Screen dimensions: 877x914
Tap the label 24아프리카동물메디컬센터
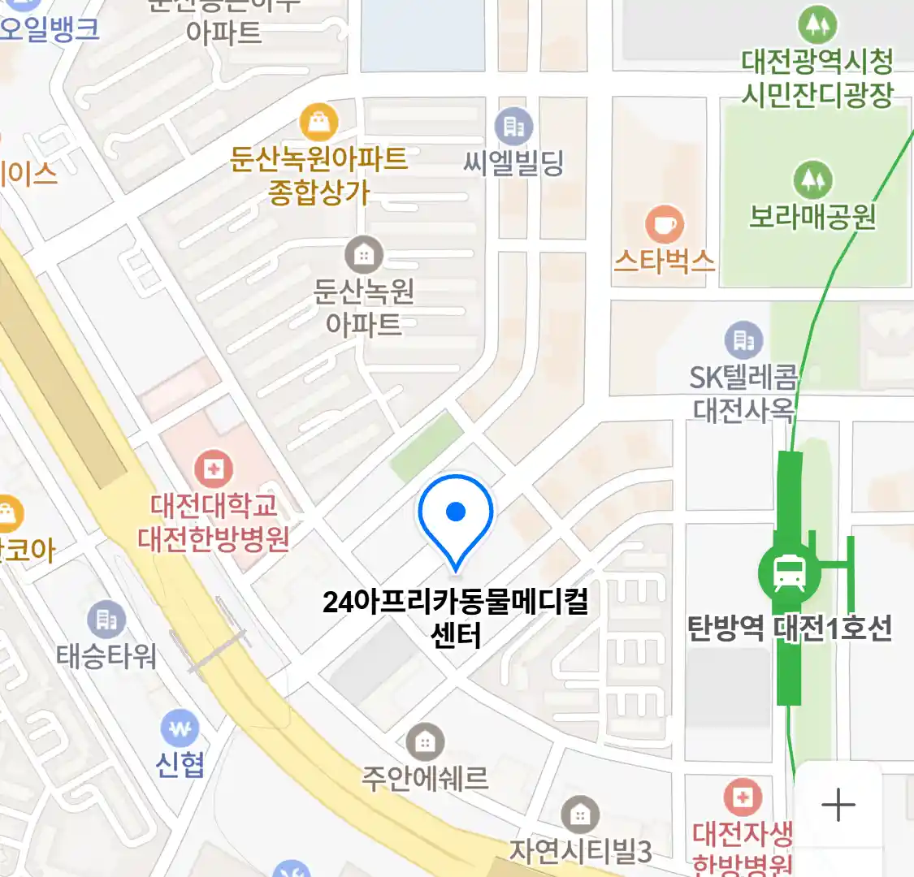tap(456, 618)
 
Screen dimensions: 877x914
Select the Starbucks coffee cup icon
tap(664, 224)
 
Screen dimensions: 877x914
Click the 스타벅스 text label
tap(664, 261)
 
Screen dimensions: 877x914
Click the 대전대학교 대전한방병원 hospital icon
tap(214, 469)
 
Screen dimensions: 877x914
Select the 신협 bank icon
tap(180, 728)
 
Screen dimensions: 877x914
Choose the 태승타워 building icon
tap(106, 620)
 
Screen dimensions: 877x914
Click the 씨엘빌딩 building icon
tap(513, 127)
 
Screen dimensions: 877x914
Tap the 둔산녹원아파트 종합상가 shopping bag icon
tap(318, 123)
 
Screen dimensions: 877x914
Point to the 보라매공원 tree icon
tap(812, 179)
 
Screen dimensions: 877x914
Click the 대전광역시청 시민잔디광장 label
tap(817, 78)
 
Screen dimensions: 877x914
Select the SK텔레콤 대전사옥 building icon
tap(743, 340)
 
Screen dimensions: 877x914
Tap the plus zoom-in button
tap(838, 806)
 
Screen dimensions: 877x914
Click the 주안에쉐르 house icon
tap(424, 741)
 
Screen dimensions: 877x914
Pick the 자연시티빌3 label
tap(580, 851)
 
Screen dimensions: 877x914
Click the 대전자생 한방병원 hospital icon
tap(742, 797)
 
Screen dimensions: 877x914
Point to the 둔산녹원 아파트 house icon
tap(363, 256)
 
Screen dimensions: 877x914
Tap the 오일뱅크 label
tap(49, 29)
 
